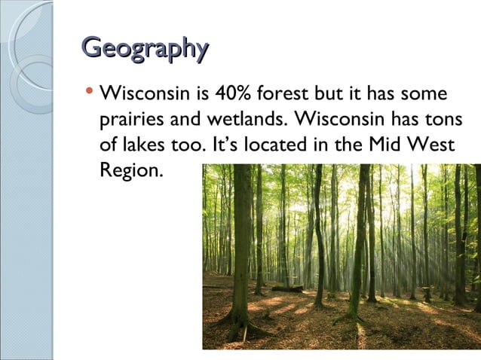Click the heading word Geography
(144, 48)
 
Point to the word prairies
(127, 121)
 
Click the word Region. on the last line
(130, 169)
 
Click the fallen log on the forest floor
(287, 288)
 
